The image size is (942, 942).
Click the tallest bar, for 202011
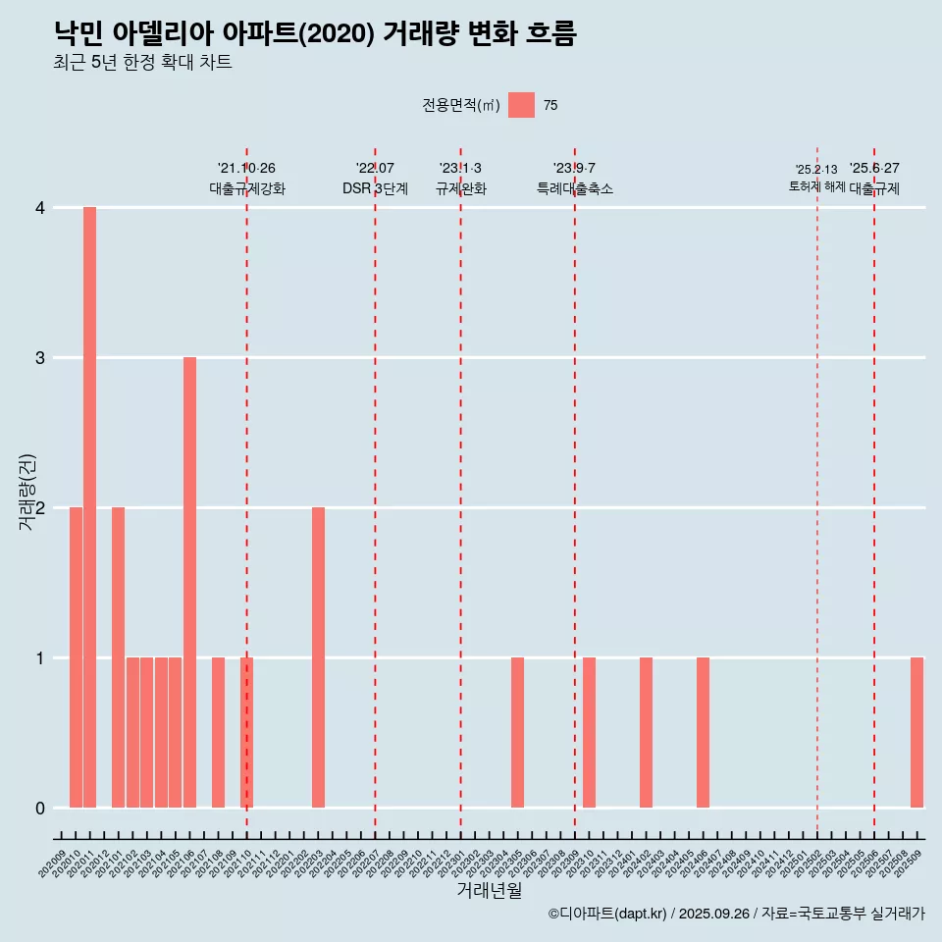(89, 507)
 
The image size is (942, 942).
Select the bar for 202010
(76, 657)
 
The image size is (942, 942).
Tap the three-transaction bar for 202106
(189, 582)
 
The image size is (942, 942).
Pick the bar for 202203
(318, 657)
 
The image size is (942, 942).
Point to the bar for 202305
(517, 732)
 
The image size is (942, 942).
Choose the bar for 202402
(646, 732)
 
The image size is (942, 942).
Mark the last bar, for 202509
(916, 732)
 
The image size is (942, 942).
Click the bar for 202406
(703, 732)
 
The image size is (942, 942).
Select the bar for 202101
(118, 657)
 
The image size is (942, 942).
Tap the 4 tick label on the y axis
(40, 208)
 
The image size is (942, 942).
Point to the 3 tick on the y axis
(40, 358)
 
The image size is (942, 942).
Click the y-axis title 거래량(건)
(27, 492)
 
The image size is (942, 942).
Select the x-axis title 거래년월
(489, 890)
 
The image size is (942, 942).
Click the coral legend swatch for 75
(521, 105)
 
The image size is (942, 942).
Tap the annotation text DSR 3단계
(375, 188)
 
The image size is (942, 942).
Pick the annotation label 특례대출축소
(575, 188)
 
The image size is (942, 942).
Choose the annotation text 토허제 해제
(816, 185)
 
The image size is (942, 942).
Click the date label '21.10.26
(246, 168)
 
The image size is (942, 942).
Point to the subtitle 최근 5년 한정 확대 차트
(143, 63)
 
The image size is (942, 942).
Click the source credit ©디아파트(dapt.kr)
(607, 914)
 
